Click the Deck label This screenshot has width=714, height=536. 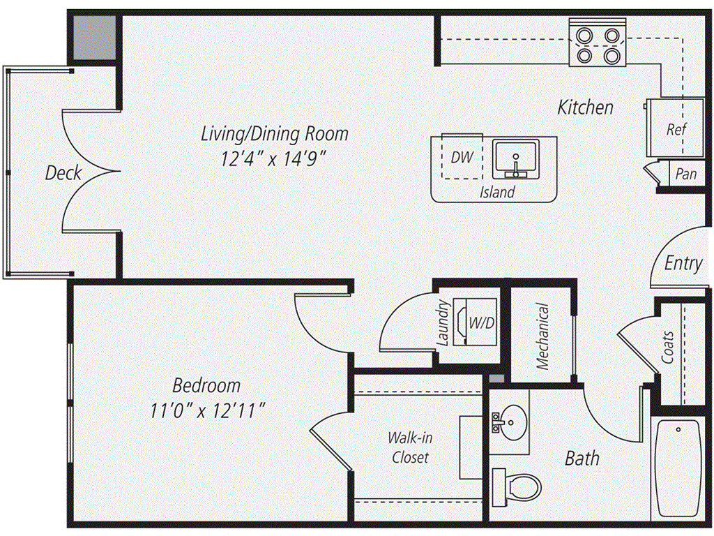[63, 173]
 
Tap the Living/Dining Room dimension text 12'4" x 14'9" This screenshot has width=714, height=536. [274, 159]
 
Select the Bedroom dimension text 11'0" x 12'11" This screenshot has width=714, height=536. [208, 412]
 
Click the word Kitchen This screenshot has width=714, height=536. [586, 107]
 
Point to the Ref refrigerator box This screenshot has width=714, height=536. [676, 128]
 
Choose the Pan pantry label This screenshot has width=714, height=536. [686, 174]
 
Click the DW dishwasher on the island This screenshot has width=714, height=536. [462, 157]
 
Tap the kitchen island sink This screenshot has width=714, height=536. [515, 159]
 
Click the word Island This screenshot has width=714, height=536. [497, 192]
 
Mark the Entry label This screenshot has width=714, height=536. [683, 263]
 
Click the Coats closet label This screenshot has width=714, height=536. [668, 348]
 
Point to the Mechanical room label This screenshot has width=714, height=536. [542, 336]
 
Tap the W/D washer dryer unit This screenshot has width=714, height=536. [476, 322]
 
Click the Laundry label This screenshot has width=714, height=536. [443, 322]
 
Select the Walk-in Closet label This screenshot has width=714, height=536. [410, 447]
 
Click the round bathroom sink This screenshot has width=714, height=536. [514, 422]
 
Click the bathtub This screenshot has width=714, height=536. [678, 470]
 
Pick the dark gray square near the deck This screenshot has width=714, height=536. [94, 38]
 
